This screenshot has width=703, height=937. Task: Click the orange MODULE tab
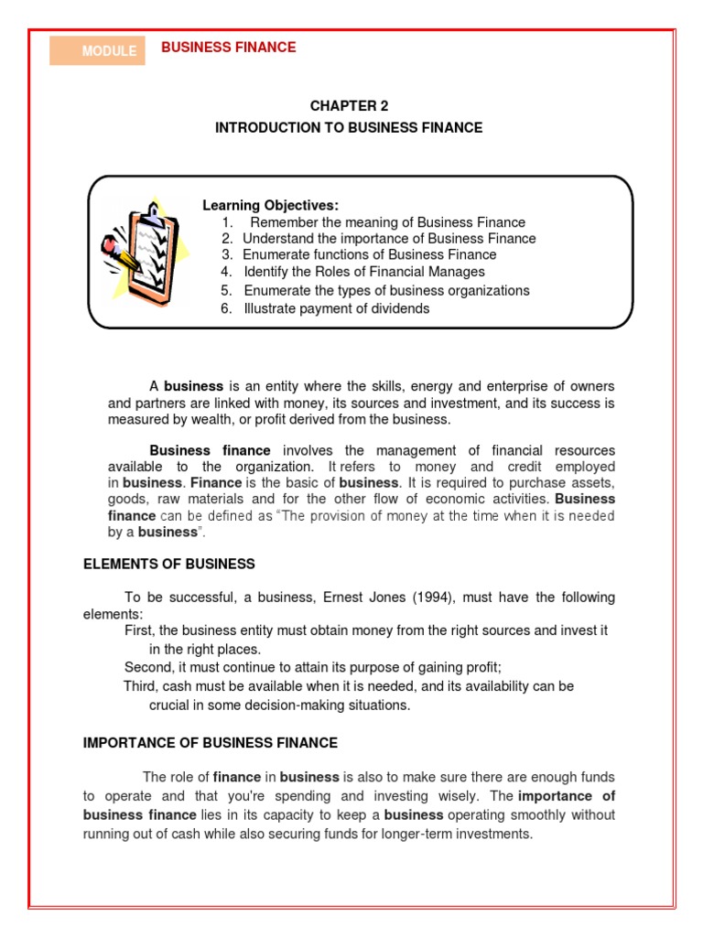(x=97, y=51)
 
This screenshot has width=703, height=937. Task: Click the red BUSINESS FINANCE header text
(x=228, y=48)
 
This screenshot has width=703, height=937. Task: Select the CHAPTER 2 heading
(x=348, y=106)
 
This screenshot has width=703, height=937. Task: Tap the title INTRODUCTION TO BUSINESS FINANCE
(x=348, y=128)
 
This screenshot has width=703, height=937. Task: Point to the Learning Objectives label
(x=270, y=206)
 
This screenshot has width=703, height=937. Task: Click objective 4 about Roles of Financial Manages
(x=363, y=272)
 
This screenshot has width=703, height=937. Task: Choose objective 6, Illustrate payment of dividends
(x=336, y=308)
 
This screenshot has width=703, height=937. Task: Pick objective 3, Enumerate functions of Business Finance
(x=369, y=254)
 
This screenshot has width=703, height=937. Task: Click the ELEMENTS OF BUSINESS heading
(x=169, y=564)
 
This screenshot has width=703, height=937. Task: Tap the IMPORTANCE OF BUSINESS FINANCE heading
(x=211, y=743)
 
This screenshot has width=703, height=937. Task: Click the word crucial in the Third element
(x=170, y=705)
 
